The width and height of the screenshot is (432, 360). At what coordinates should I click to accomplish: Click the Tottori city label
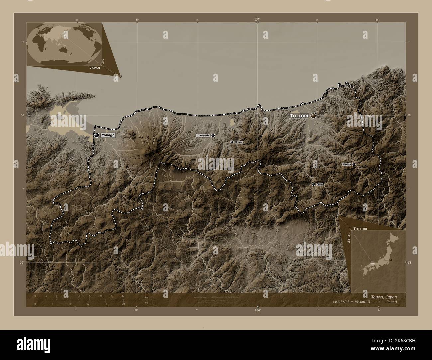pyautogui.click(x=299, y=116)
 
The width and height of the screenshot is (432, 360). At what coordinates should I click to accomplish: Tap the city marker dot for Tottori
pyautogui.click(x=313, y=116)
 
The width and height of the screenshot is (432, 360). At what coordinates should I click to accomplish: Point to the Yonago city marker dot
pyautogui.click(x=97, y=135)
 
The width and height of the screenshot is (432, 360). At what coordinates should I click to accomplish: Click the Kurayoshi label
pyautogui.click(x=203, y=135)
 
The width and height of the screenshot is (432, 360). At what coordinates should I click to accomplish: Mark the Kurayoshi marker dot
pyautogui.click(x=213, y=135)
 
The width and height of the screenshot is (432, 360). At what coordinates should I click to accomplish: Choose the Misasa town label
pyautogui.click(x=238, y=142)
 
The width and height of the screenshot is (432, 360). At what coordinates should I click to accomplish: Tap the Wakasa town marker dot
pyautogui.click(x=354, y=164)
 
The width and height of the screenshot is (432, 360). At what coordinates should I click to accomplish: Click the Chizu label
pyautogui.click(x=320, y=184)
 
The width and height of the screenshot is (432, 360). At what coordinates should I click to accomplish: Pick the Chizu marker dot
pyautogui.click(x=313, y=184)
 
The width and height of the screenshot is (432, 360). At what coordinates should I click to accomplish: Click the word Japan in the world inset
pyautogui.click(x=94, y=67)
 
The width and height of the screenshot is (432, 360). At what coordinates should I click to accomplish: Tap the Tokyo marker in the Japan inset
pyautogui.click(x=391, y=260)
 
